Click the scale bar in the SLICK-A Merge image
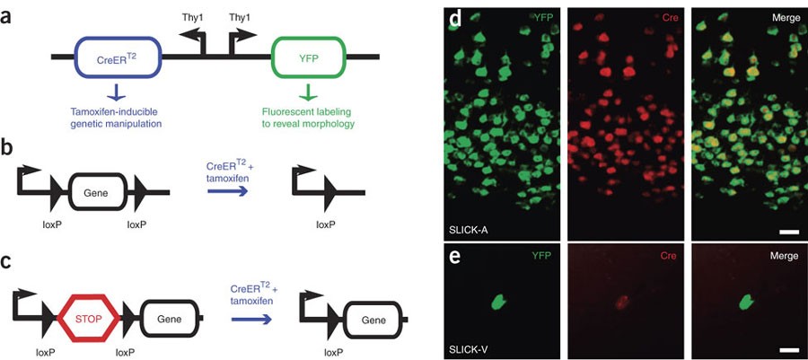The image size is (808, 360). click(789, 232)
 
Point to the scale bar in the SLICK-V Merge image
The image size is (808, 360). click(789, 347)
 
